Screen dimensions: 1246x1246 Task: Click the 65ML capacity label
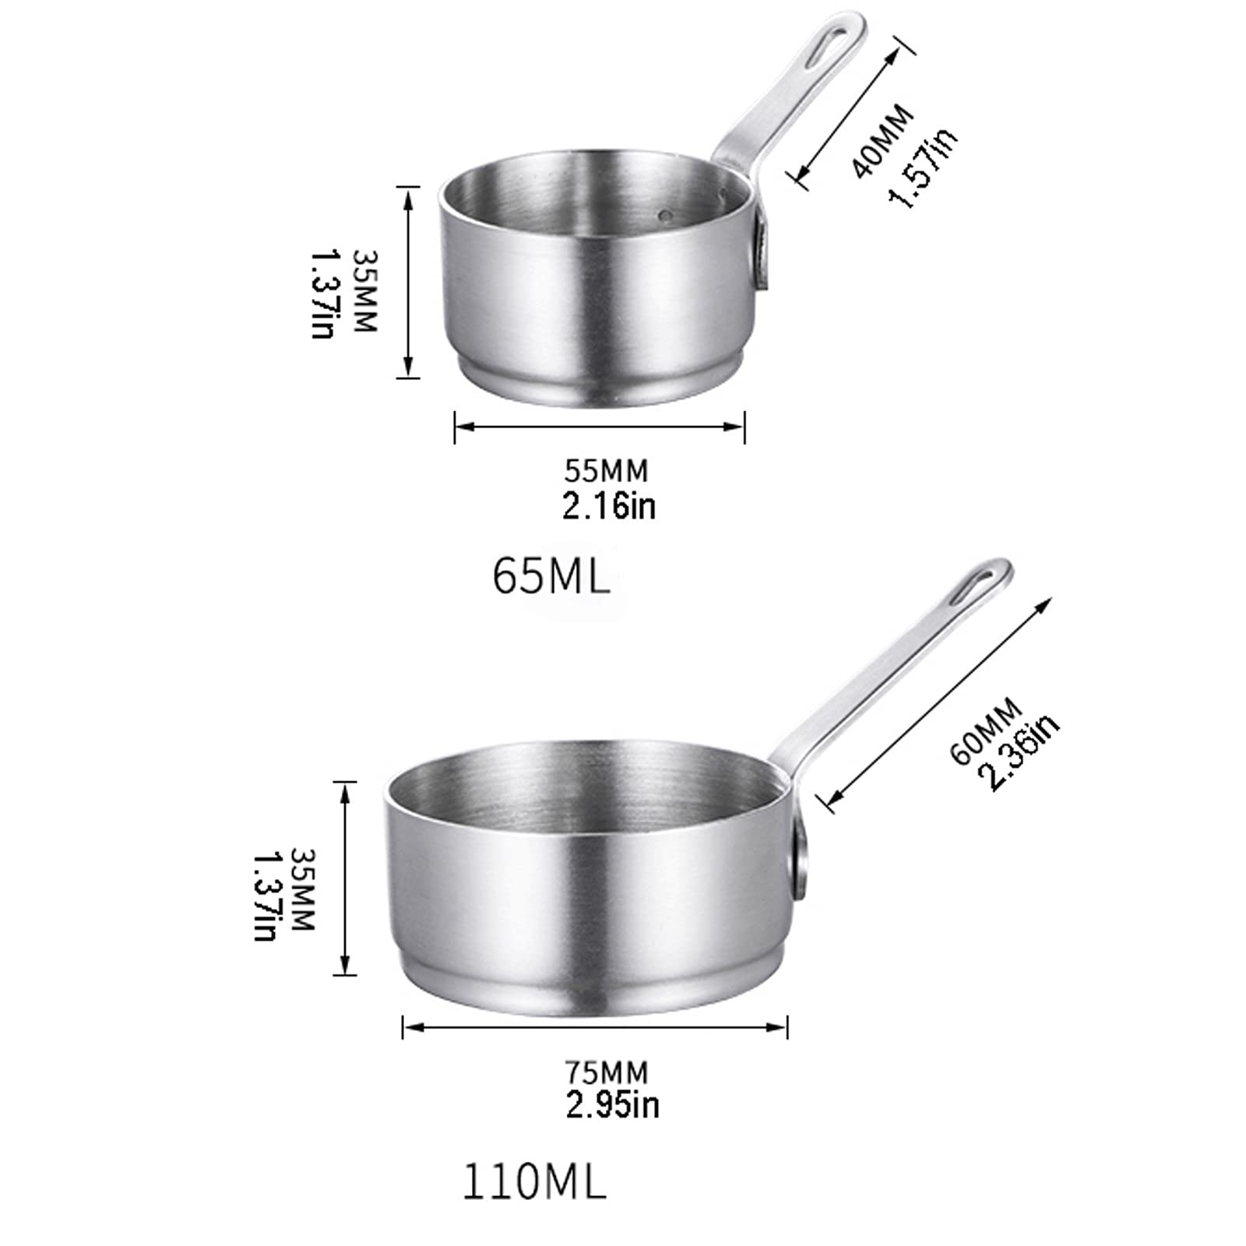[551, 577]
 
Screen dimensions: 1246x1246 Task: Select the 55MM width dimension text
[606, 471]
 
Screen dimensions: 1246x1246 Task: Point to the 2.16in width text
[609, 506]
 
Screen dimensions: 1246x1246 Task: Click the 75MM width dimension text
[606, 1072]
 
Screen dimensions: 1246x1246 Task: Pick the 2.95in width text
[612, 1106]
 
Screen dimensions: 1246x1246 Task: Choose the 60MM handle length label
[986, 732]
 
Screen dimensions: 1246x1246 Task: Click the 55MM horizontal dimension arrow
[600, 426]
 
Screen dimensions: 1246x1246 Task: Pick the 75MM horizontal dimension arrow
[595, 1027]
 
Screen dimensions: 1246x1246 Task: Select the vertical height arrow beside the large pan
[344, 878]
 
